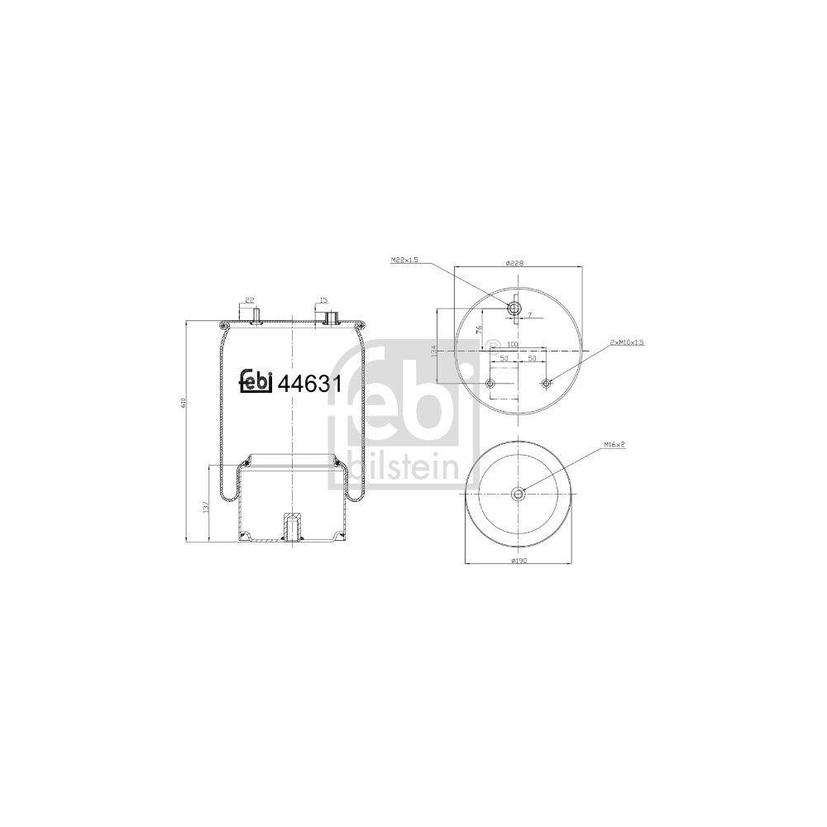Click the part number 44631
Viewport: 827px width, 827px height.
(313, 383)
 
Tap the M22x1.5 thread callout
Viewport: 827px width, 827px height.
(405, 260)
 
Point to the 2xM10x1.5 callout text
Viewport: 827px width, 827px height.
(626, 342)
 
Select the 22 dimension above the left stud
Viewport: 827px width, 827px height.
(251, 300)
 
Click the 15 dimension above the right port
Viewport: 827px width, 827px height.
(323, 300)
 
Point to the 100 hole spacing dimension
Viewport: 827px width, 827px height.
(512, 343)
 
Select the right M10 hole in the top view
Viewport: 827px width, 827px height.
(545, 383)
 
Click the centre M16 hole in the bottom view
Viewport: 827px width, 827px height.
(518, 495)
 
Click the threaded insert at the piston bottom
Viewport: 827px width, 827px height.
(292, 527)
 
